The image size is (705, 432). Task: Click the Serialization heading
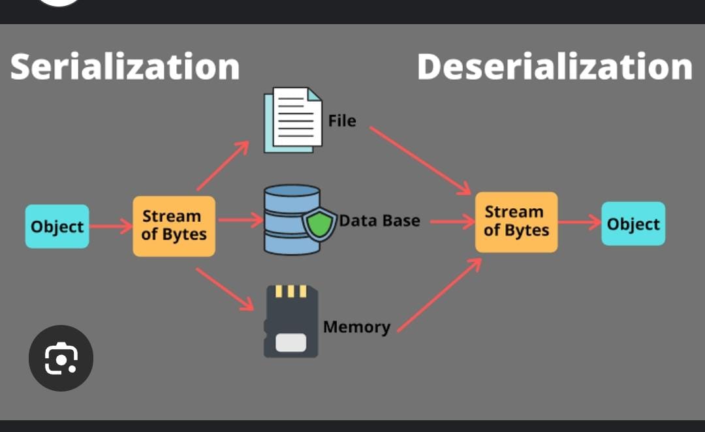pyautogui.click(x=125, y=67)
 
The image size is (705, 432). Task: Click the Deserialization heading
pyautogui.click(x=554, y=67)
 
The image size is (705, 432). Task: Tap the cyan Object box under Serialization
pyautogui.click(x=57, y=226)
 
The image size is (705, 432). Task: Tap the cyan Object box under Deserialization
pyautogui.click(x=633, y=224)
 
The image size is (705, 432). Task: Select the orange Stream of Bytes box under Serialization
pyautogui.click(x=174, y=226)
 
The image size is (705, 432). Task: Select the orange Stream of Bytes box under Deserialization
pyautogui.click(x=516, y=222)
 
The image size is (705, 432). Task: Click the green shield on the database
pyautogui.click(x=320, y=223)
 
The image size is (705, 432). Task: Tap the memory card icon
pyautogui.click(x=290, y=322)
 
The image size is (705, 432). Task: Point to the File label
pyautogui.click(x=342, y=121)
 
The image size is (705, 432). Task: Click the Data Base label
pyautogui.click(x=379, y=221)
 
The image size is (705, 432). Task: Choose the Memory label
pyautogui.click(x=356, y=326)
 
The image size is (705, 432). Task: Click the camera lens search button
pyautogui.click(x=61, y=358)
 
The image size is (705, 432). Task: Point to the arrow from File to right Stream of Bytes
pyautogui.click(x=420, y=161)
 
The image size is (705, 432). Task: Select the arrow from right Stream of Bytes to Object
pyautogui.click(x=578, y=223)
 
